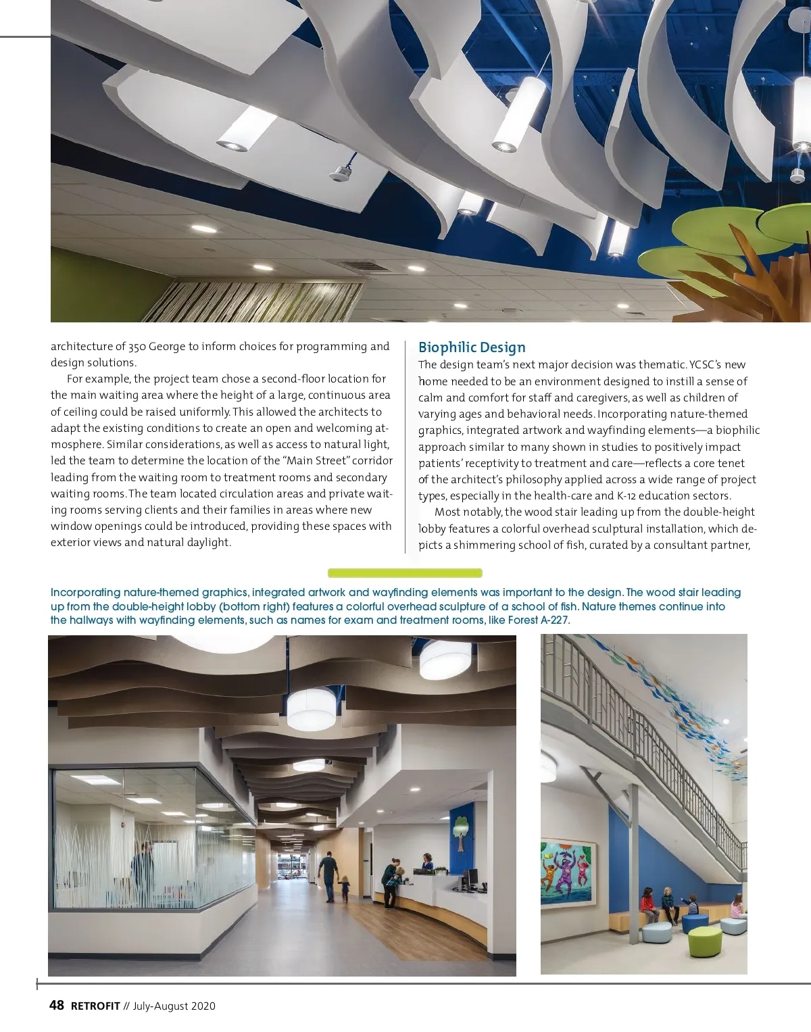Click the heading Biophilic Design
tap(472, 347)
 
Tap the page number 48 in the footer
tap(57, 1005)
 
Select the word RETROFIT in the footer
tap(95, 1006)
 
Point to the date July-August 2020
tap(174, 1006)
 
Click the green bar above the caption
tap(405, 573)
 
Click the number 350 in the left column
tap(137, 347)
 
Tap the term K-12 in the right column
tap(632, 495)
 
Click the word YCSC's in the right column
tap(706, 364)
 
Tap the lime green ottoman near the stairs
tap(704, 941)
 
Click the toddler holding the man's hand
tap(345, 888)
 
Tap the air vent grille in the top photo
tap(365, 266)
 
